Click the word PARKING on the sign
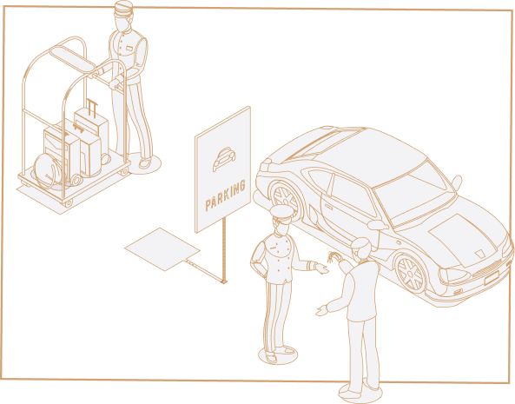225,195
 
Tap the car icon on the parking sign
224,159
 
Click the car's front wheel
411,274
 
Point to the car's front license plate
492,277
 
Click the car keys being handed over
333,256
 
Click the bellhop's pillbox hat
123,8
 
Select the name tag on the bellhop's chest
129,49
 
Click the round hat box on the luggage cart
49,171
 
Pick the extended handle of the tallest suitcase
92,108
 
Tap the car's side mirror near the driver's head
378,225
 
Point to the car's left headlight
454,275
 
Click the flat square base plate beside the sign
162,249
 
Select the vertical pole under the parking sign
224,249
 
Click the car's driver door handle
329,206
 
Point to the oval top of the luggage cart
73,58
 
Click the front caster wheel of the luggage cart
68,203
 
